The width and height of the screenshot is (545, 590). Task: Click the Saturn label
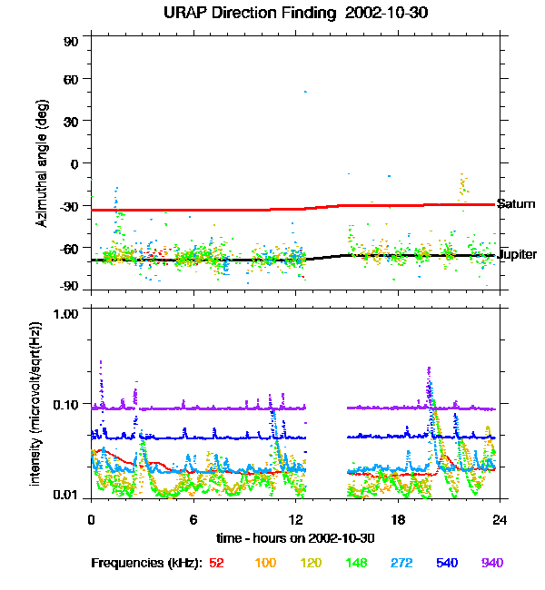pos(515,204)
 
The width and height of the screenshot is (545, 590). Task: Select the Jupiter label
pos(517,255)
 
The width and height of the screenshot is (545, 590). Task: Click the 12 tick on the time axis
pos(296,520)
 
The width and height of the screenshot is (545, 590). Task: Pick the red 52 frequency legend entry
pos(216,564)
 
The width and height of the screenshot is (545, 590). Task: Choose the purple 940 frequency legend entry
pos(491,564)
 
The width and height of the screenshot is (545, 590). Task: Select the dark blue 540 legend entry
pos(445,564)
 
